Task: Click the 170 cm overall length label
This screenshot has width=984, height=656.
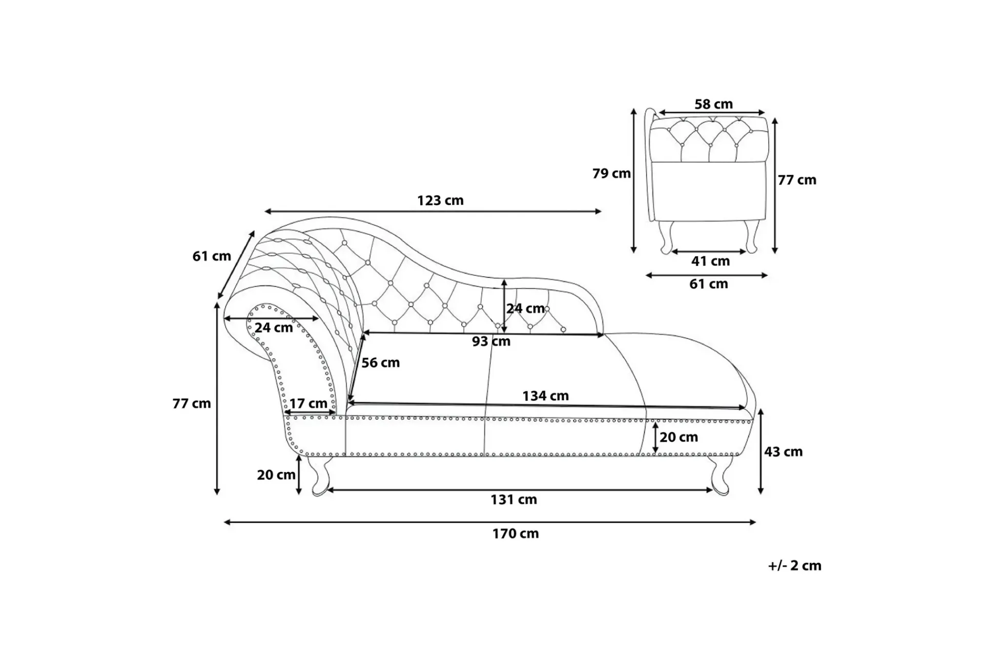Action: [x=516, y=534]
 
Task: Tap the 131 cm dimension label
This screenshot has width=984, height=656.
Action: [x=514, y=499]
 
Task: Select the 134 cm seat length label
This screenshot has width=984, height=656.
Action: [x=545, y=396]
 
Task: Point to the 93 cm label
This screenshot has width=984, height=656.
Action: [x=491, y=341]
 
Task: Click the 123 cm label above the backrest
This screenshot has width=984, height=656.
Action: [x=440, y=200]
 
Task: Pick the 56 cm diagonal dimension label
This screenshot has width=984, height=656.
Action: [x=380, y=363]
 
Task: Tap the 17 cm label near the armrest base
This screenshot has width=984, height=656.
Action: [x=308, y=404]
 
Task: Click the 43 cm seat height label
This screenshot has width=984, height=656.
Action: [x=783, y=452]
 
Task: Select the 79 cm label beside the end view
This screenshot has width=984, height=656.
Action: [x=611, y=174]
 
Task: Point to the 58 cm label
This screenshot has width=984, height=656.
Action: [x=713, y=104]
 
